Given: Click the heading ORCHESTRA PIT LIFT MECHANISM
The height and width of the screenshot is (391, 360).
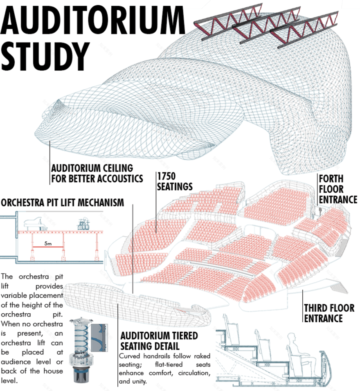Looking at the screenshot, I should tap(62, 202).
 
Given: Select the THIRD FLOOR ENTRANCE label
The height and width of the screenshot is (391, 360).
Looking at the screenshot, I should tap(329, 313).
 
